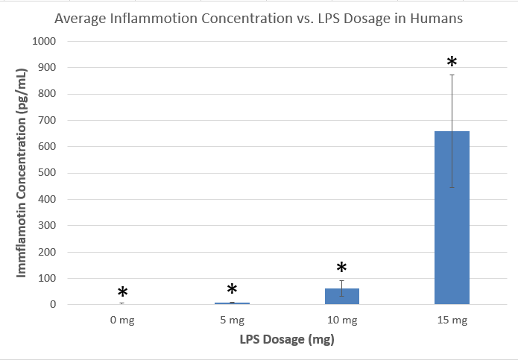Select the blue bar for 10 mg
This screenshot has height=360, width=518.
pos(341,296)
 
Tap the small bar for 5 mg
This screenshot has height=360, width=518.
pos(232,303)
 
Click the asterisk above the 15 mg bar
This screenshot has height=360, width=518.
pos(451,62)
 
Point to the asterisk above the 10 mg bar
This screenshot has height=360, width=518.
pos(341,268)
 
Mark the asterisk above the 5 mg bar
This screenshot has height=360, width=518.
pos(232,290)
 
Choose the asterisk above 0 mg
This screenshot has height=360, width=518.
pos(122,293)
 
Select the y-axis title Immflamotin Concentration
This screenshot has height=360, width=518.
pos(22,172)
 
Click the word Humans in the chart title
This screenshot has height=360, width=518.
pos(438,19)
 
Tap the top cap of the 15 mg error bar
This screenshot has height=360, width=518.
pos(452,75)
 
